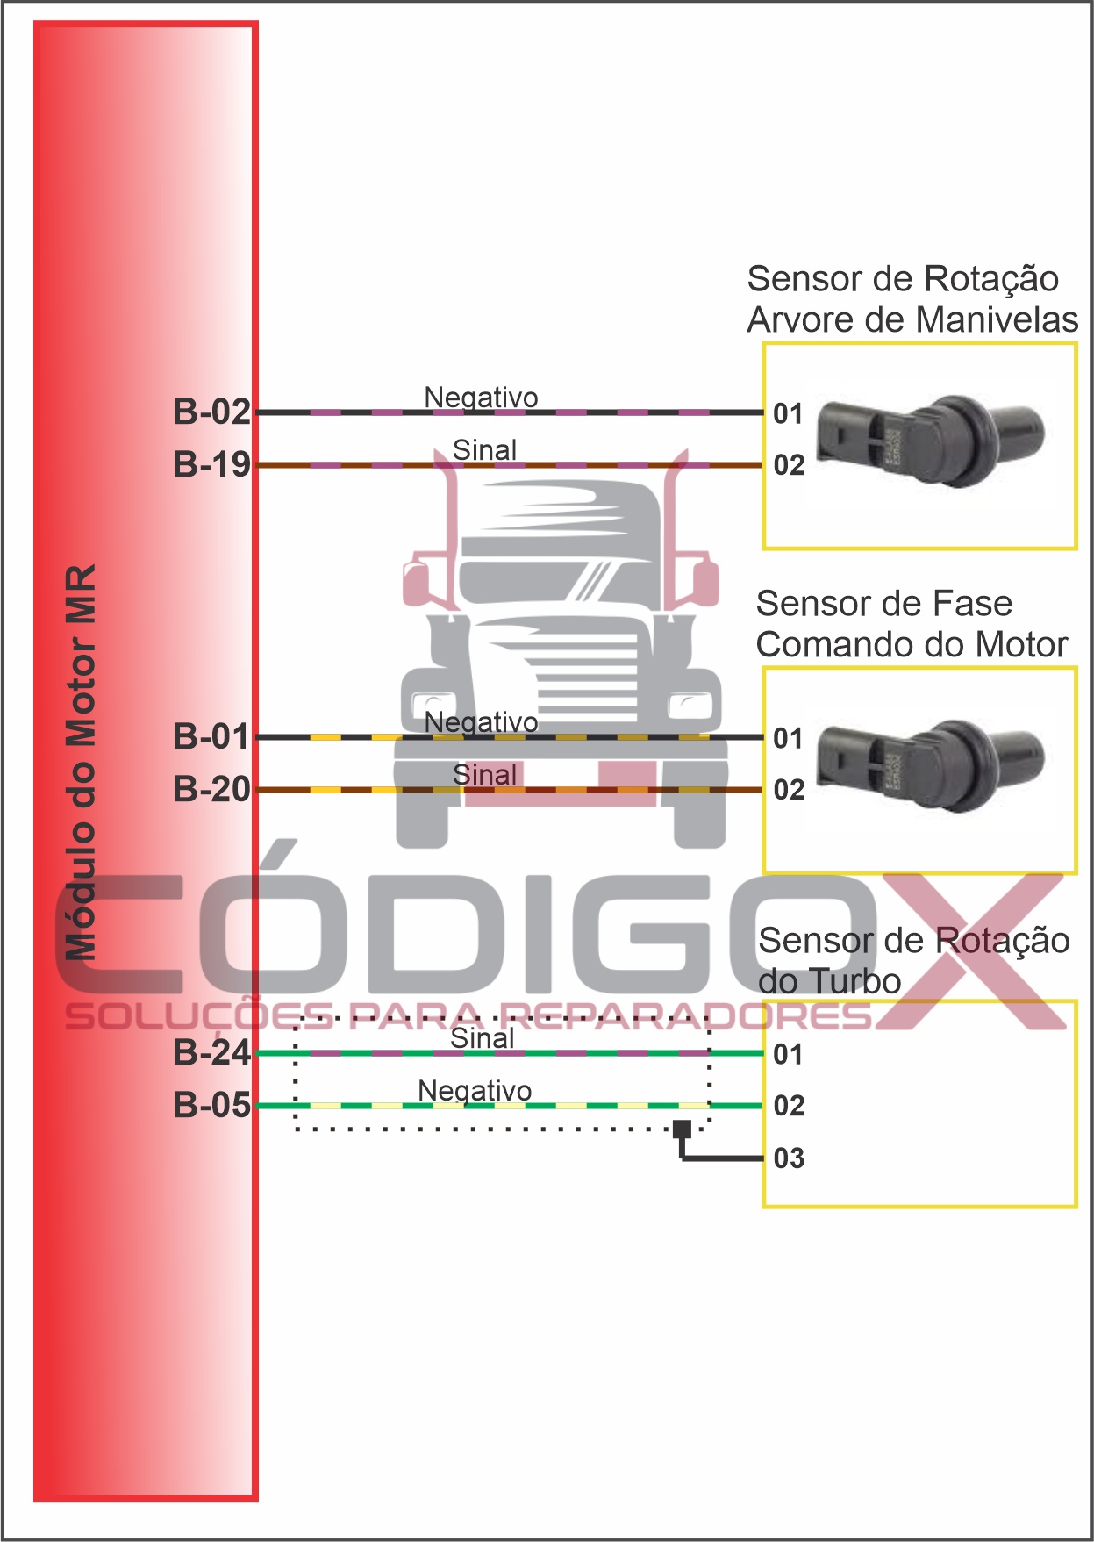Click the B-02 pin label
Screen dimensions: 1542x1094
tap(211, 412)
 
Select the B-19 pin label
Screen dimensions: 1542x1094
tap(211, 464)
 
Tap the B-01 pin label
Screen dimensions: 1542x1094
tap(211, 736)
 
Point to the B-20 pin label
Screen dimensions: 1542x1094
tap(211, 789)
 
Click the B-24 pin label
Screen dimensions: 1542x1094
tap(211, 1052)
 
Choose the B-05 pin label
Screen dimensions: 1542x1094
tap(211, 1105)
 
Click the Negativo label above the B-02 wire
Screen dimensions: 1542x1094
tap(481, 398)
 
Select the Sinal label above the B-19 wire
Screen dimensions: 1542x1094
tap(484, 450)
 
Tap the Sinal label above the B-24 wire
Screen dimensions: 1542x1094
tap(482, 1038)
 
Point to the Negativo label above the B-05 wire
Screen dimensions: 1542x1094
tap(475, 1091)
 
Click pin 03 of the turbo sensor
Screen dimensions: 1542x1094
tap(789, 1158)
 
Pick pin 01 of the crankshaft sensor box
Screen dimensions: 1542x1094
tap(788, 413)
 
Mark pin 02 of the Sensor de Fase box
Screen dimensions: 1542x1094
tap(789, 790)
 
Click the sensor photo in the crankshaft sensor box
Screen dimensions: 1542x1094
tap(930, 439)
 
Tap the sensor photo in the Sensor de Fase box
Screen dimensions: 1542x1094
tap(930, 764)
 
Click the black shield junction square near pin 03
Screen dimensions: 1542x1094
tap(682, 1129)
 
